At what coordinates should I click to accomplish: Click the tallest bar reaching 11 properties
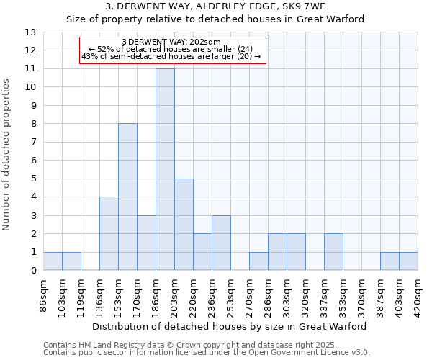tap(165, 169)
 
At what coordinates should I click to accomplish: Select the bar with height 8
tap(127, 197)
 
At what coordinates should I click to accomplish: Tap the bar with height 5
tap(184, 225)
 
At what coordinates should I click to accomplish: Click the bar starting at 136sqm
tap(109, 233)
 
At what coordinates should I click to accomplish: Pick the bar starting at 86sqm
tap(53, 261)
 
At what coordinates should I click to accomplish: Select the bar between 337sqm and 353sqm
tap(333, 252)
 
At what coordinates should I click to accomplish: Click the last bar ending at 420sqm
tap(408, 261)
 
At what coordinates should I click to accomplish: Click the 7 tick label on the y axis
tap(32, 143)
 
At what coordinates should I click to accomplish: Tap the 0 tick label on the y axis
tap(32, 271)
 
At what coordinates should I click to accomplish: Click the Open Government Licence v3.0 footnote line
tap(206, 353)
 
